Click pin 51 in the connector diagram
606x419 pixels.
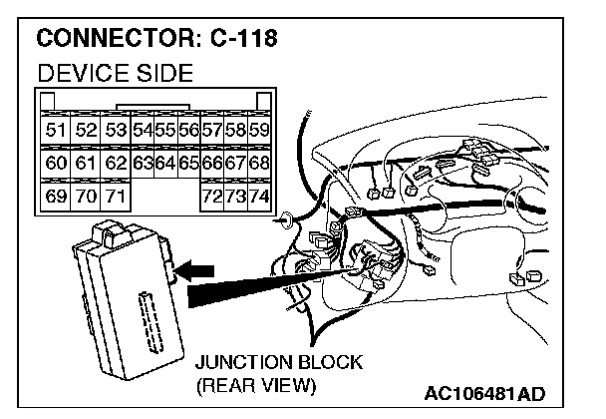click(55, 131)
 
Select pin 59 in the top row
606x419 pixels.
click(260, 131)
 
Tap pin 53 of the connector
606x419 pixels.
click(116, 131)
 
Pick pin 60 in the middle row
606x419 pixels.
click(55, 163)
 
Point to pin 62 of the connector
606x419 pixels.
click(116, 163)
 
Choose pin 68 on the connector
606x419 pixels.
click(260, 163)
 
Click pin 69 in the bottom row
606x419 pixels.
click(55, 195)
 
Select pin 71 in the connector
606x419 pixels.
click(116, 195)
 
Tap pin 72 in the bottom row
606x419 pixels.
click(211, 195)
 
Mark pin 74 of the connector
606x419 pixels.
click(260, 195)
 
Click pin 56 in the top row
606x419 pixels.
click(188, 131)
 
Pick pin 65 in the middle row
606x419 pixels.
click(188, 163)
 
